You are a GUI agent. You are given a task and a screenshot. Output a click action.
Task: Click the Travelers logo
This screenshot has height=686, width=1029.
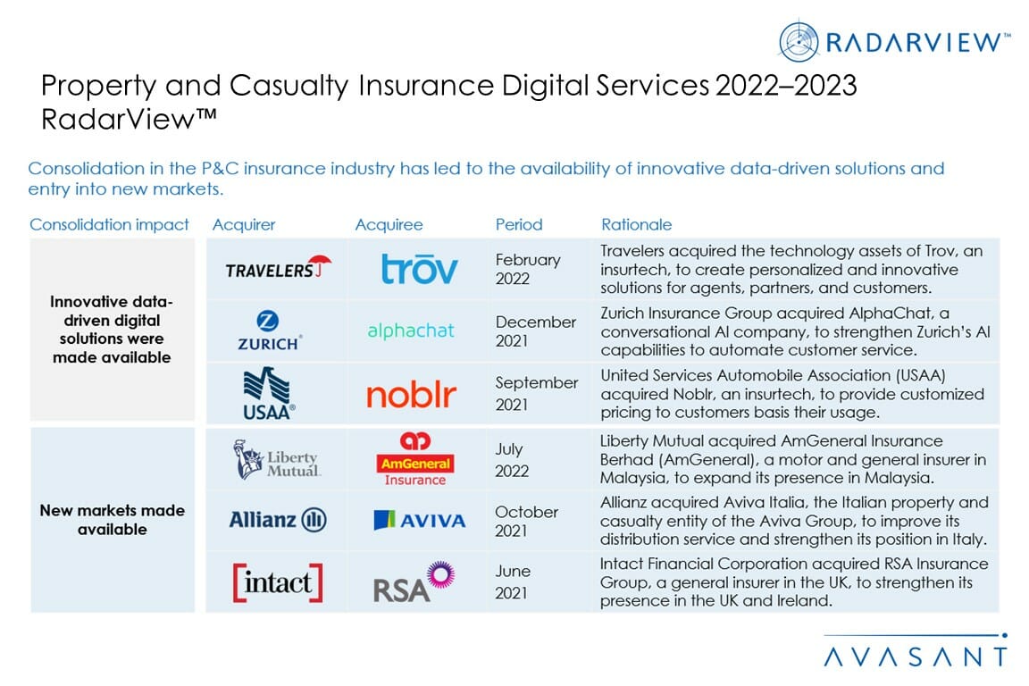[x=278, y=267]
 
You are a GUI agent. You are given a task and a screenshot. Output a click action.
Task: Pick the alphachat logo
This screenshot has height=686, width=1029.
[x=411, y=330]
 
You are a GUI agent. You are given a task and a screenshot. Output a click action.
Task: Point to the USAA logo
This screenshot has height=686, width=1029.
[x=269, y=393]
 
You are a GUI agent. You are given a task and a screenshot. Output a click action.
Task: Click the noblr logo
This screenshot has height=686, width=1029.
[x=412, y=394]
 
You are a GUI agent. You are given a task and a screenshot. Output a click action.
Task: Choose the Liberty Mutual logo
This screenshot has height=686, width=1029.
[x=277, y=459]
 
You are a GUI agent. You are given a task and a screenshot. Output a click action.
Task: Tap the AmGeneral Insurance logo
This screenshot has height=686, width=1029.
[x=415, y=459]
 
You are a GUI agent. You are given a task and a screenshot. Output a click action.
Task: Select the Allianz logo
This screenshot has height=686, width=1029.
[x=277, y=520]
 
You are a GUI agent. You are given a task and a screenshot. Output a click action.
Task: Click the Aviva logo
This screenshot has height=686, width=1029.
[x=419, y=520]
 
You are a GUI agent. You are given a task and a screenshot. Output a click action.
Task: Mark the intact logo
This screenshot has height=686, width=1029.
[x=278, y=582]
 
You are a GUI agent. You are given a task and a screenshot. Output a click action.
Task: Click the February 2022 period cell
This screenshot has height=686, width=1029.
[x=528, y=269]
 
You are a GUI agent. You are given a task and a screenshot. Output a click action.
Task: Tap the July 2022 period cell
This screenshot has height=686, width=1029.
[x=514, y=460]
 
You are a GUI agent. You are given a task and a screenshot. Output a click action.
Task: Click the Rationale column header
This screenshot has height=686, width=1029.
[x=636, y=224]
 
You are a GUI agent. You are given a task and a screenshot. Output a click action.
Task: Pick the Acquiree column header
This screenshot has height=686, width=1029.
[x=389, y=224]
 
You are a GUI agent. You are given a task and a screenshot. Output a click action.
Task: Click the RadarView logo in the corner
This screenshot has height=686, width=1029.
[x=894, y=41]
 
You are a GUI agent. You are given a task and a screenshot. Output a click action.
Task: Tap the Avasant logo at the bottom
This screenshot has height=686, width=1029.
[x=916, y=656]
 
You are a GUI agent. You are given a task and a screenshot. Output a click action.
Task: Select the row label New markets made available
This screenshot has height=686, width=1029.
[x=113, y=520]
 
